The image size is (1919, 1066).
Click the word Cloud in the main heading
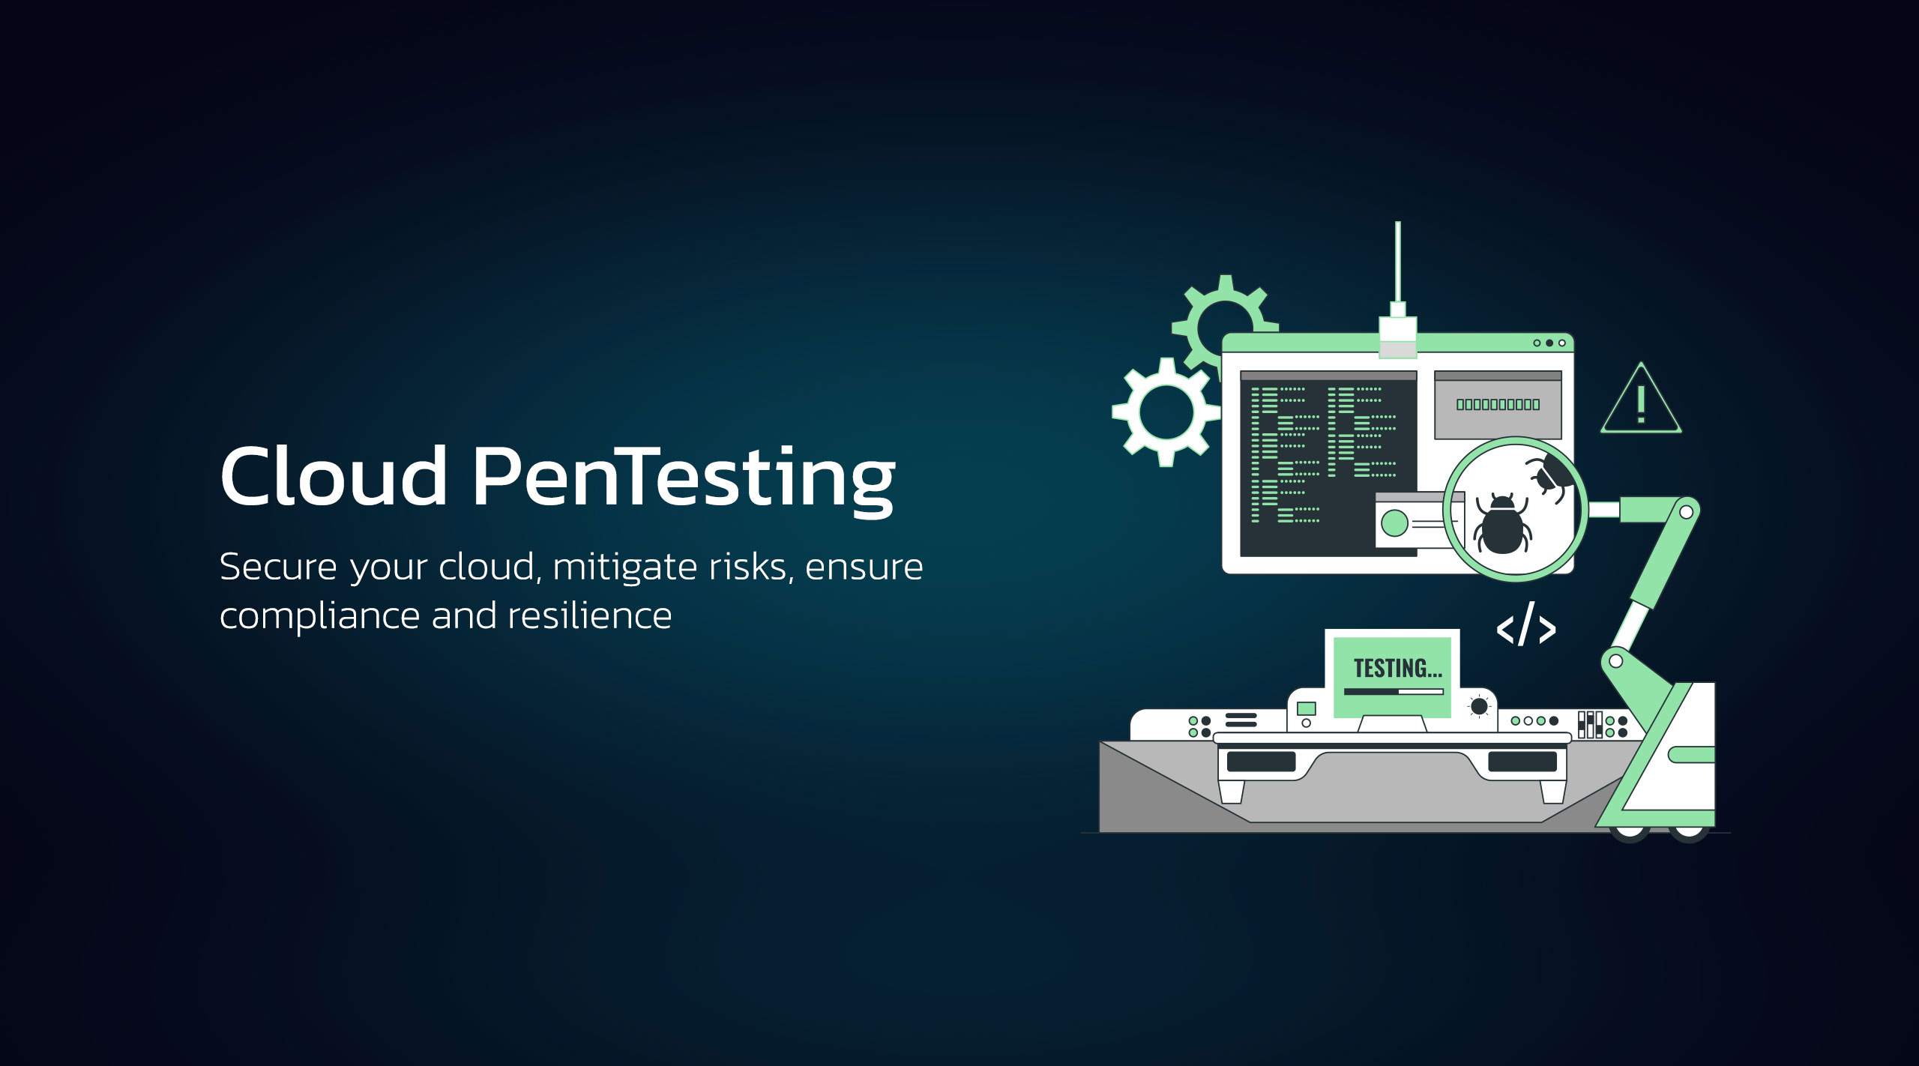(334, 476)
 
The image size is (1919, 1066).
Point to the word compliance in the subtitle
(319, 617)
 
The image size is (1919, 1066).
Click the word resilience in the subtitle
(589, 616)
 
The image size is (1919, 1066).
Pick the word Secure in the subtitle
(278, 567)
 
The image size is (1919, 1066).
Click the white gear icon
(1166, 412)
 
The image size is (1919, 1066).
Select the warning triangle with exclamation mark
(1641, 401)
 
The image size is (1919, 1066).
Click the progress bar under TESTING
(1394, 692)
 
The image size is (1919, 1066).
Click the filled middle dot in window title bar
(1549, 343)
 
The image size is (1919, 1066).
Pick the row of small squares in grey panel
(1498, 405)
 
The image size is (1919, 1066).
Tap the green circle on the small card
(1394, 523)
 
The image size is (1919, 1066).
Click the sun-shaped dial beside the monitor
(1479, 706)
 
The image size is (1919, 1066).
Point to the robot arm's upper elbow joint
(1686, 512)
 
